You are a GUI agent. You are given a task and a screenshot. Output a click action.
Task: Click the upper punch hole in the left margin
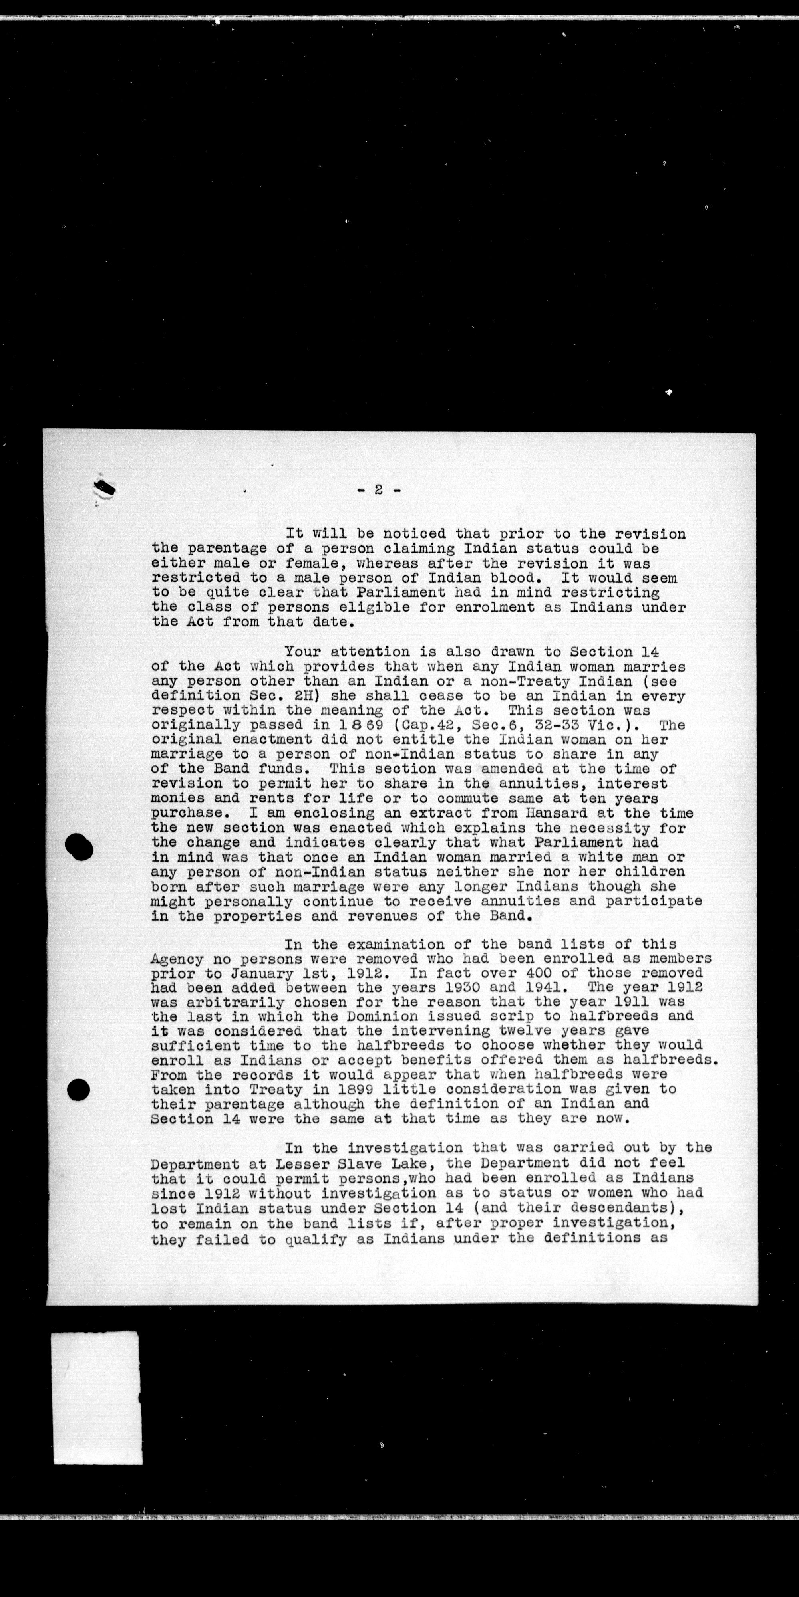click(x=78, y=847)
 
